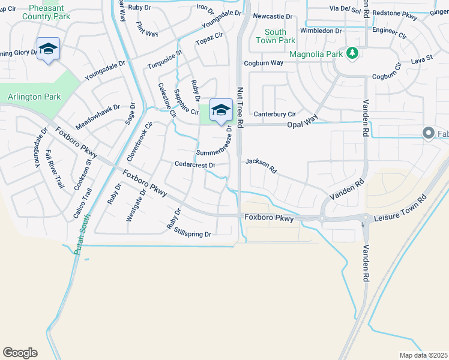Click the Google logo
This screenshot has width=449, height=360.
[x=20, y=353]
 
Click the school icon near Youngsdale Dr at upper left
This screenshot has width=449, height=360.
[x=48, y=48]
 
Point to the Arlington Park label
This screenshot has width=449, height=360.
[x=34, y=97]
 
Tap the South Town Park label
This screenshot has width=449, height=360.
[x=276, y=36]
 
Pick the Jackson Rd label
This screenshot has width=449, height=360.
[x=261, y=166]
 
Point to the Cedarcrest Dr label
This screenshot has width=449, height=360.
[x=194, y=164]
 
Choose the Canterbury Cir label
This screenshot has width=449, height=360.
[x=275, y=114]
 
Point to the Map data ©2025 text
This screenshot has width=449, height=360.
[x=424, y=355]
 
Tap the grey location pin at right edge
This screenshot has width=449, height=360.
[x=429, y=133]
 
